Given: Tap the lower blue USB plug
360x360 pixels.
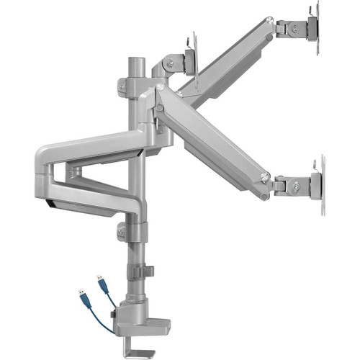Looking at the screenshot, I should coord(81,297).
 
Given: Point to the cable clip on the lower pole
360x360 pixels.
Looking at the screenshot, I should coord(140,272).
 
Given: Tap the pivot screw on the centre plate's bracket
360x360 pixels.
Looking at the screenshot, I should coord(171,63).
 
